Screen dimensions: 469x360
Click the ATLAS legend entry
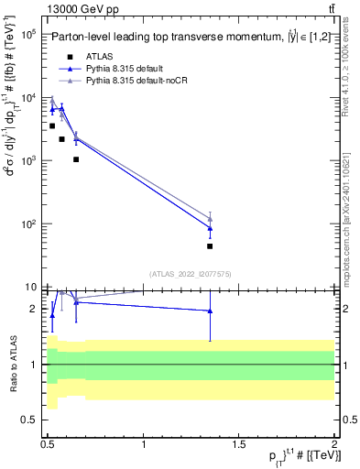[x=101, y=56]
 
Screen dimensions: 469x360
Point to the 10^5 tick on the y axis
[x=27, y=34]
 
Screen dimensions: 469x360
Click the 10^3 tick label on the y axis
[x=27, y=161]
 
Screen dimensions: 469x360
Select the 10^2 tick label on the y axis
[x=27, y=224]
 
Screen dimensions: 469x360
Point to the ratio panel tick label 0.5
[x=28, y=420]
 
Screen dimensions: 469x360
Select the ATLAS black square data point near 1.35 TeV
[x=210, y=245]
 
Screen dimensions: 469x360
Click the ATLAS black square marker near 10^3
[x=76, y=159]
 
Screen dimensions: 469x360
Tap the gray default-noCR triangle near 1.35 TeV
[x=210, y=218]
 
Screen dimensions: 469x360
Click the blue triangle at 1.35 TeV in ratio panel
[x=210, y=311]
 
